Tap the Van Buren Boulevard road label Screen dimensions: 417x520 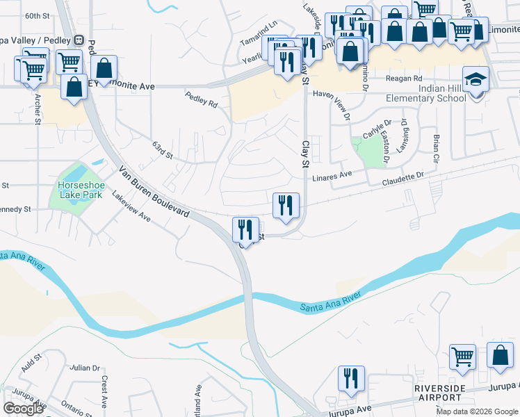(154, 192)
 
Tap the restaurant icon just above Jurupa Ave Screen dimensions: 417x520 (350, 378)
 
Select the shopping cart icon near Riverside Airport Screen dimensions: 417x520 (462, 357)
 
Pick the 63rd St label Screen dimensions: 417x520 (162, 149)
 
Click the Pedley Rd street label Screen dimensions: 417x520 (202, 100)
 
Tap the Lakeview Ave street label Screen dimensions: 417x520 (131, 207)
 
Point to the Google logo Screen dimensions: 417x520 (24, 409)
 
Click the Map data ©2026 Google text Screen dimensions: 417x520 (476, 411)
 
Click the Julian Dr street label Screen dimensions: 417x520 (85, 368)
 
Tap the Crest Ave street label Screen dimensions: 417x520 (104, 392)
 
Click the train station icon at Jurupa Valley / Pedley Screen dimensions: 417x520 (79, 40)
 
